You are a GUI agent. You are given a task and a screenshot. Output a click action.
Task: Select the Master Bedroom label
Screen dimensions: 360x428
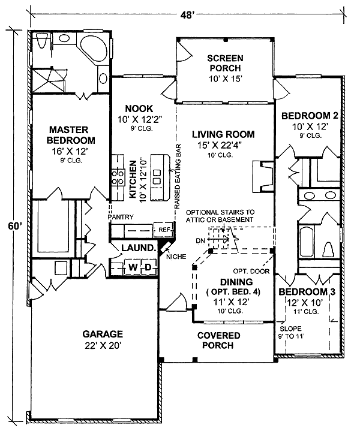69,135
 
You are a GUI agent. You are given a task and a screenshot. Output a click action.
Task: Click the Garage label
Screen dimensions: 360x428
104,334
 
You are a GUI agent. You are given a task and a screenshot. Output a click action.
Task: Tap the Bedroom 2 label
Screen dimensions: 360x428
307,116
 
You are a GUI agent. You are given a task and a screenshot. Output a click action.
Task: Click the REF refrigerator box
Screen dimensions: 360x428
163,229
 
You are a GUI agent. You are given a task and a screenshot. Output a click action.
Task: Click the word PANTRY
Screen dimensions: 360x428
121,217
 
